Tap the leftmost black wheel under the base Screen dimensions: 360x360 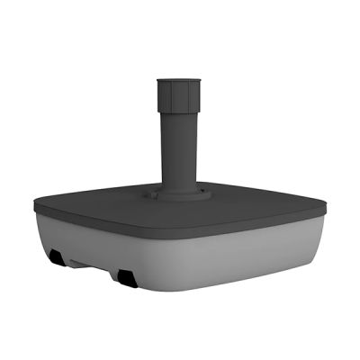[56, 259]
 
